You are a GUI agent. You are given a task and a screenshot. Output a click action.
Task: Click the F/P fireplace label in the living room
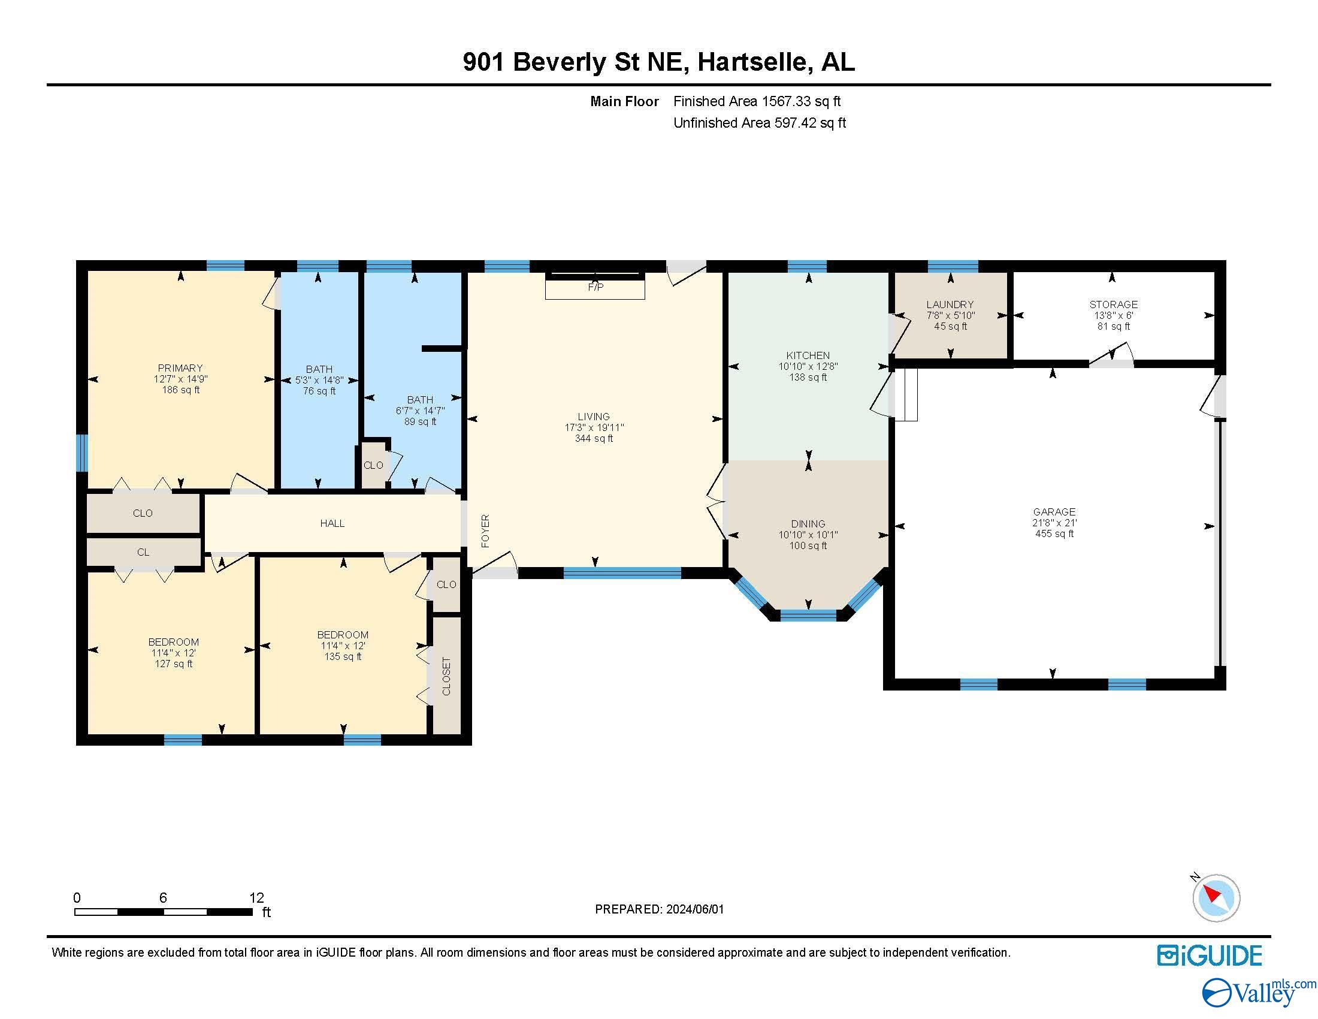tap(595, 287)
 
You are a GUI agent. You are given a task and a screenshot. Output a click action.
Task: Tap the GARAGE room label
tap(1054, 512)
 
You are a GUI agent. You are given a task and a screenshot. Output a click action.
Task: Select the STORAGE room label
tap(1114, 305)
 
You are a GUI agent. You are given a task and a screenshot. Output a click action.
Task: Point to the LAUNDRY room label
tap(951, 305)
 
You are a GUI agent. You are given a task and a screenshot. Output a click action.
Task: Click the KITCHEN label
tap(808, 355)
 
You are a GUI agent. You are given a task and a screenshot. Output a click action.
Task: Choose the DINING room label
tap(808, 524)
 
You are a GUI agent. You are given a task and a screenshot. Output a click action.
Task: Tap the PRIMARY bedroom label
tap(180, 368)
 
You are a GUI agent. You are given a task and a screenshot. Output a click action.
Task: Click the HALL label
tap(332, 523)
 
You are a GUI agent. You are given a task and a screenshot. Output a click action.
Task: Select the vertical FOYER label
tap(486, 531)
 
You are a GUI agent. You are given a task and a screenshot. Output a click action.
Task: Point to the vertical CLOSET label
tap(446, 676)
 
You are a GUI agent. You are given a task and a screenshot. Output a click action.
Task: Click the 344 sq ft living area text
tap(594, 439)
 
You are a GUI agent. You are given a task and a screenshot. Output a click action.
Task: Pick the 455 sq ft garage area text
tap(1054, 533)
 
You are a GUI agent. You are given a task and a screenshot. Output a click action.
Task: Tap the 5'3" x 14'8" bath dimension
tap(319, 380)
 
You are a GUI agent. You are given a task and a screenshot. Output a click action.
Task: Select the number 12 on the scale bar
tap(256, 898)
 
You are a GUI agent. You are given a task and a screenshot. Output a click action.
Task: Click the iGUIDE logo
tap(1210, 955)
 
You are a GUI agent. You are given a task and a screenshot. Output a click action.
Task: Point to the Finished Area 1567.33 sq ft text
tap(757, 101)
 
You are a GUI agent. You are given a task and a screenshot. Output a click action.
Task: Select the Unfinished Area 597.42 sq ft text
tap(760, 123)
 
